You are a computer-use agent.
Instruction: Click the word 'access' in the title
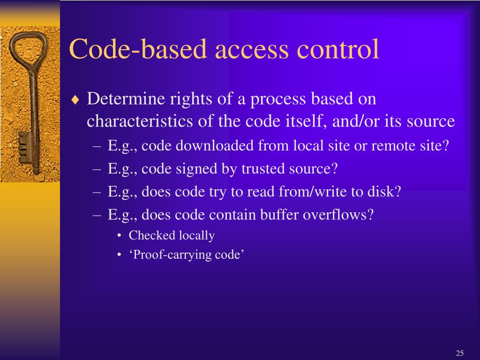coord(251,49)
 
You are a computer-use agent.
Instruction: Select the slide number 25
coord(459,353)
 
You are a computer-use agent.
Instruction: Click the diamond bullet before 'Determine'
coord(76,100)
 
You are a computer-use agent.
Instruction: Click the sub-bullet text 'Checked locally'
coord(172,235)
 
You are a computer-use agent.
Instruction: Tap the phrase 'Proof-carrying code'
coord(187,255)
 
